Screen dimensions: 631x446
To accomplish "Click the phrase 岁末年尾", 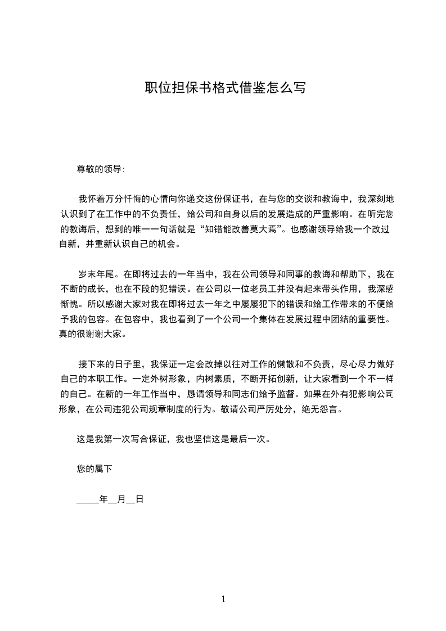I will coord(95,274).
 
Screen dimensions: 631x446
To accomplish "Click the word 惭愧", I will coord(68,304).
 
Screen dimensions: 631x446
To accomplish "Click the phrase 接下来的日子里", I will coord(111,365).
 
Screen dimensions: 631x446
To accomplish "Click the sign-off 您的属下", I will coord(95,468).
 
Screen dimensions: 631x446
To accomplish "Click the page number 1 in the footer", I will coord(223,599).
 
